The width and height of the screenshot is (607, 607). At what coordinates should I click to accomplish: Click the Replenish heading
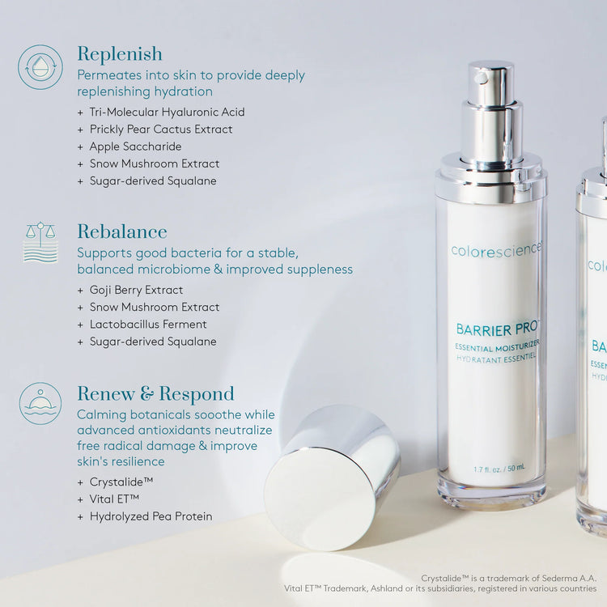click(x=120, y=54)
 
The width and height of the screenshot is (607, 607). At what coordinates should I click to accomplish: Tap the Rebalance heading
click(x=122, y=232)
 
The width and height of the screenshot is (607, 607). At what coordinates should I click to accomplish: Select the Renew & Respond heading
click(x=155, y=394)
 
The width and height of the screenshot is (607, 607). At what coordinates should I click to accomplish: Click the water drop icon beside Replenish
click(x=40, y=67)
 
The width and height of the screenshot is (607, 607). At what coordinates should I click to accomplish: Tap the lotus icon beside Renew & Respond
click(x=40, y=403)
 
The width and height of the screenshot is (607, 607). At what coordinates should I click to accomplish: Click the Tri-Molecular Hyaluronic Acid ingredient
click(x=167, y=112)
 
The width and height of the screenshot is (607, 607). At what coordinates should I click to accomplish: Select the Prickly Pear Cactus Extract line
click(x=161, y=129)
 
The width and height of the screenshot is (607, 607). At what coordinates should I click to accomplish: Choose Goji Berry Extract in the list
click(x=136, y=290)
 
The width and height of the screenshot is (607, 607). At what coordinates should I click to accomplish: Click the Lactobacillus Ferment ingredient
click(x=148, y=325)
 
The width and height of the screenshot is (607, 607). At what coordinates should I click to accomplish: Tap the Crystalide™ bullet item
click(x=121, y=482)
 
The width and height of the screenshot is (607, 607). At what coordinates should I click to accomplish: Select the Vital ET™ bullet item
click(x=115, y=499)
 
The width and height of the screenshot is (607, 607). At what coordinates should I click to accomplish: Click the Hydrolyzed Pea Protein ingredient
click(x=151, y=516)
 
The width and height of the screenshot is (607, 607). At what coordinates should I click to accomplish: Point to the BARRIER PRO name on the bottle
click(x=496, y=329)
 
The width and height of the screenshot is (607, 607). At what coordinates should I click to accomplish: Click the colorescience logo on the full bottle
click(x=495, y=251)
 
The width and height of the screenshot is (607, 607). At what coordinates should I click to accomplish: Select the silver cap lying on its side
click(x=332, y=477)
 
